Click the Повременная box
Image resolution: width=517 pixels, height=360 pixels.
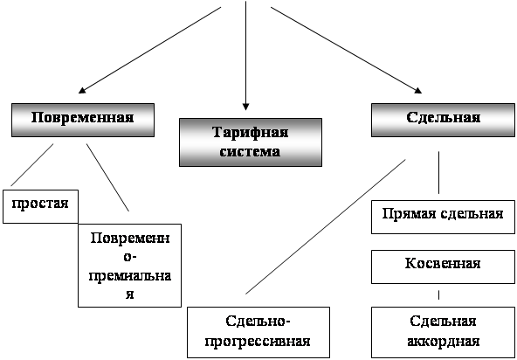tap(83, 120)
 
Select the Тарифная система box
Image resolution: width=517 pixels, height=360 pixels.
tap(251, 142)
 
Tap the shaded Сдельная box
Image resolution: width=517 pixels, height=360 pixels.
tap(443, 120)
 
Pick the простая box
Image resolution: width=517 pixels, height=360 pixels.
tap(40, 206)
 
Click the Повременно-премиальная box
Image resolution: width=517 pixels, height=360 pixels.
tap(129, 266)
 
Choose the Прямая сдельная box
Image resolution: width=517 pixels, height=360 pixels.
tap(443, 217)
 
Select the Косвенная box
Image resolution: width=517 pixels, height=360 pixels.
tap(443, 267)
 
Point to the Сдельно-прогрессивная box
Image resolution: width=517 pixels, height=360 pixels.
tap(258, 332)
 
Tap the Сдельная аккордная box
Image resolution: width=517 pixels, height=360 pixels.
tap(443, 332)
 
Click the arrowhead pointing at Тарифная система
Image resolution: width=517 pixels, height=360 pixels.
tap(245, 107)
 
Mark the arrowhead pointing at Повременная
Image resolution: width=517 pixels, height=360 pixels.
tap(82, 90)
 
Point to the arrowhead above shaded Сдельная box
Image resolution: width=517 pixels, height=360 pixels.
tap(418, 90)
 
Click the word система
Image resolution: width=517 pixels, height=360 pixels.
tap(251, 152)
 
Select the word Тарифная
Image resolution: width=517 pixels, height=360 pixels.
tap(251, 133)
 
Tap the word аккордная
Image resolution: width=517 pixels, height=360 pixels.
tap(443, 342)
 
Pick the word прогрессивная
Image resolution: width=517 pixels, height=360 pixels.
tap(258, 342)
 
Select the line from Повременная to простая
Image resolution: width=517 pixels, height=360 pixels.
tap(32, 164)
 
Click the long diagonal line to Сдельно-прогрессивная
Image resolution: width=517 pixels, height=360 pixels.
tap(326, 226)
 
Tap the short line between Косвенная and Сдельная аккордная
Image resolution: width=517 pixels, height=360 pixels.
tap(438, 295)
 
